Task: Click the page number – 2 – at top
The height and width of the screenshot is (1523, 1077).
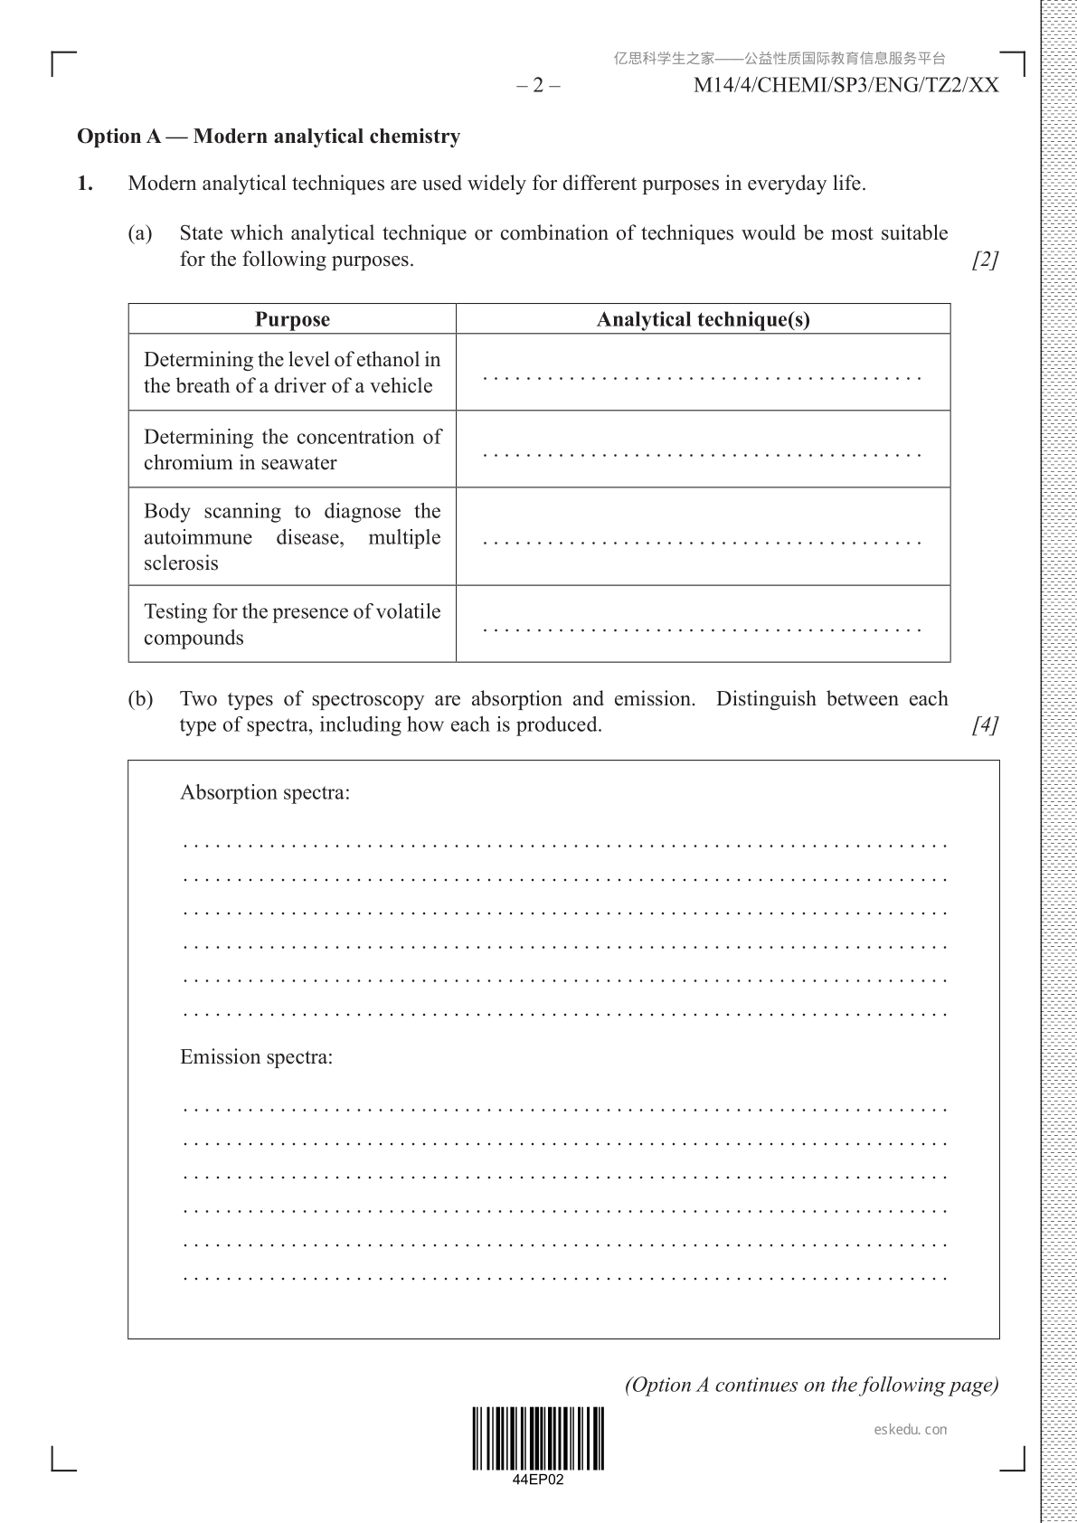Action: (538, 86)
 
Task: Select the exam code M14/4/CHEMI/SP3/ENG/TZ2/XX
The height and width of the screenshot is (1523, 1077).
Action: (846, 86)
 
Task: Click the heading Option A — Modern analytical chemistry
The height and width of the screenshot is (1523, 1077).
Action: (269, 137)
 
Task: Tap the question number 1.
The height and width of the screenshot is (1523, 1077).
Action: (85, 184)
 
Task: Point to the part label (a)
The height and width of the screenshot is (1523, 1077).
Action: (140, 233)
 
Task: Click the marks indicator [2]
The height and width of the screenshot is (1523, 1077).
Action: (985, 260)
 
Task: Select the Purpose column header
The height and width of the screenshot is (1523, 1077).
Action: (292, 319)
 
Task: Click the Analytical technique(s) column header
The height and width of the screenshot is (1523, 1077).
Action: (703, 319)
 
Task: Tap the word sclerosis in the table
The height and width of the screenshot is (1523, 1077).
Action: (181, 563)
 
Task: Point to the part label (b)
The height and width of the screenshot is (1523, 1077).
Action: (140, 699)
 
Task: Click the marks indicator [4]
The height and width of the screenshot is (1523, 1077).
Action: (985, 725)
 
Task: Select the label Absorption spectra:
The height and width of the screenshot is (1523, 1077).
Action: (265, 793)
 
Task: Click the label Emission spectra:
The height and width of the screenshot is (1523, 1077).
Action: (256, 1057)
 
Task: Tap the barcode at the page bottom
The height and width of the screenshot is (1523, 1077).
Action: (538, 1439)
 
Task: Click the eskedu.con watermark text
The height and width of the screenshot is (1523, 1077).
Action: (912, 1430)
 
